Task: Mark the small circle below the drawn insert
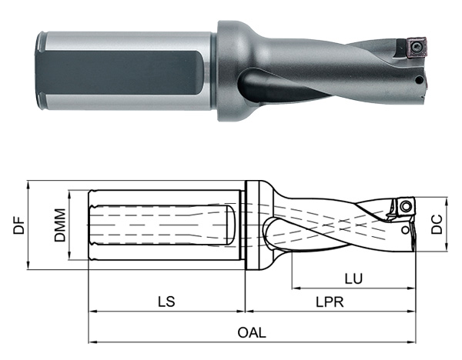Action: pyautogui.click(x=406, y=228)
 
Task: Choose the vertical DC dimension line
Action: pyautogui.click(x=450, y=223)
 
